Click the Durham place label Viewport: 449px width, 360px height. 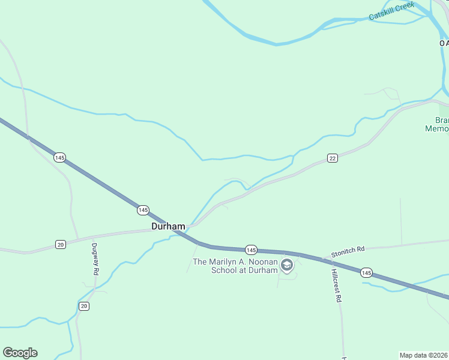pos(168,227)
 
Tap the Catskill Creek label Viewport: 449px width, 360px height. pos(392,11)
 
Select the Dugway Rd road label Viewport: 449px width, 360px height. pos(95,259)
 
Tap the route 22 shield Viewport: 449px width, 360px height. pos(333,158)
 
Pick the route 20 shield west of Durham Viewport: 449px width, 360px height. pos(60,244)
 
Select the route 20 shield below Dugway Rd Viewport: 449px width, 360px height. pos(83,306)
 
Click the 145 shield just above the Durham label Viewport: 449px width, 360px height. pos(143,210)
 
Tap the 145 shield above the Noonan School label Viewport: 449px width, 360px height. pos(251,250)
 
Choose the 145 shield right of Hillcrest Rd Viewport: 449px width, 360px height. pos(366,273)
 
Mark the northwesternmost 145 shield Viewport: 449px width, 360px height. pos(59,157)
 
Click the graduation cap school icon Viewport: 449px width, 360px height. pos(287,265)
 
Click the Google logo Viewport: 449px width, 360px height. pos(20,353)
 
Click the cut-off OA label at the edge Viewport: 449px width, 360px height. pos(444,43)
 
